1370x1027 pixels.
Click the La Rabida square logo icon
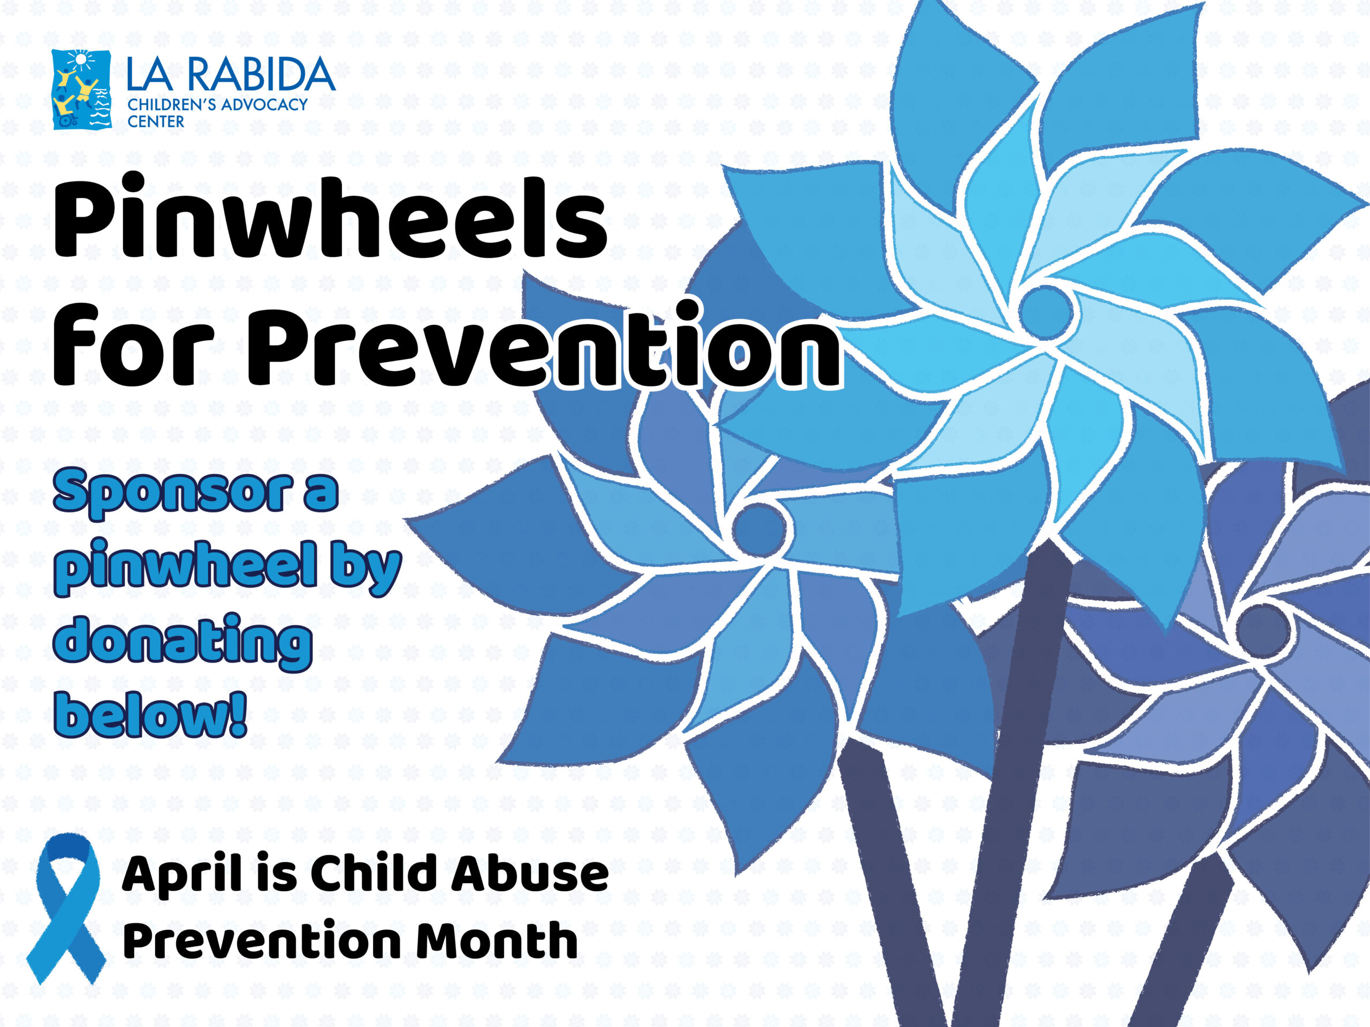pyautogui.click(x=82, y=90)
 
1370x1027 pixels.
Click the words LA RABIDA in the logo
pyautogui.click(x=231, y=74)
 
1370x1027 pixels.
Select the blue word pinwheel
pyautogui.click(x=185, y=566)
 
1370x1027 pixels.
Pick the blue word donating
pyautogui.click(x=182, y=642)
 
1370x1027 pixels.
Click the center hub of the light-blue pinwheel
pyautogui.click(x=1046, y=312)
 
